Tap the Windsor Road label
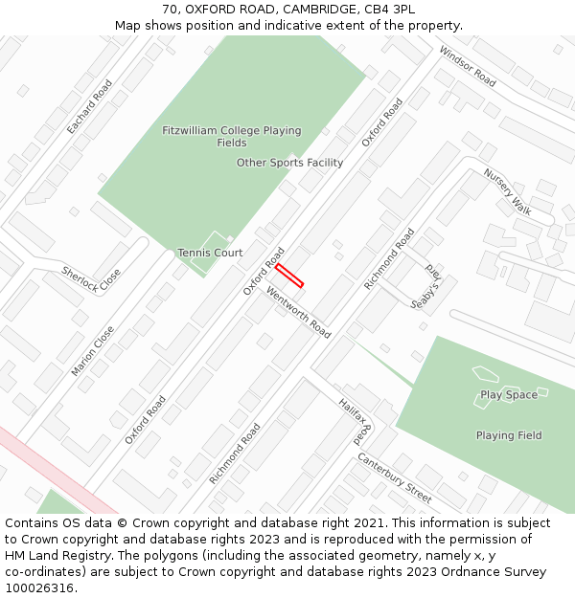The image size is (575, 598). click(467, 66)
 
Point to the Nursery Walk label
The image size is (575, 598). click(507, 191)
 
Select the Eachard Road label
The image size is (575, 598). click(89, 106)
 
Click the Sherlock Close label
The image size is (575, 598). click(92, 279)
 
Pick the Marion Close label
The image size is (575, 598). click(92, 350)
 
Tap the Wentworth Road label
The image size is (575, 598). click(298, 312)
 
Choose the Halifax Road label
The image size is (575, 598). click(355, 422)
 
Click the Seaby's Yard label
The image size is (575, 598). click(425, 285)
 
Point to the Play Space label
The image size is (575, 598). click(509, 394)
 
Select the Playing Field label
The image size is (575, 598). click(509, 435)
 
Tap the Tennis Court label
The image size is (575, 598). click(210, 253)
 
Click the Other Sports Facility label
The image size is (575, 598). click(289, 163)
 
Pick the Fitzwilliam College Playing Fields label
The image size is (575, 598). click(231, 137)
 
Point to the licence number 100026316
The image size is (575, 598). click(40, 587)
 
